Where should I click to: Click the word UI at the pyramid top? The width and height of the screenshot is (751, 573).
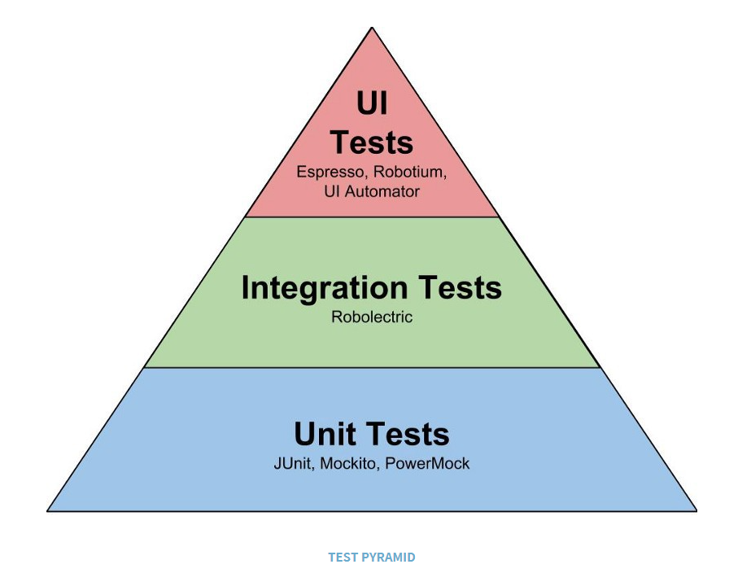pos(372,103)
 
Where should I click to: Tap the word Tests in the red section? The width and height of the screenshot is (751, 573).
pos(372,142)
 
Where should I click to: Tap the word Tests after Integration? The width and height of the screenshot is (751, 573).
pos(461,287)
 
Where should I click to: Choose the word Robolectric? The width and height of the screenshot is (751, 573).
pos(372,317)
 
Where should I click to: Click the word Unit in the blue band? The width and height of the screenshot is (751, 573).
pos(325,434)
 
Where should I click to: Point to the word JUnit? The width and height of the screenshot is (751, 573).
pos(294,464)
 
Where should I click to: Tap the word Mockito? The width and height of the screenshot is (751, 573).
pos(349,464)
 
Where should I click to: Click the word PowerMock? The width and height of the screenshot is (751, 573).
pos(427,464)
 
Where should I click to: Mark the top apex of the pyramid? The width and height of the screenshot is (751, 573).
pos(373,28)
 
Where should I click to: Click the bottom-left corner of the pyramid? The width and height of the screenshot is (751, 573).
pos(47,511)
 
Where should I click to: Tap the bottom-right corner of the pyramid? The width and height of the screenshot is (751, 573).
pos(696,511)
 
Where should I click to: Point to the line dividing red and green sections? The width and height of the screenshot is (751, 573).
pos(372,217)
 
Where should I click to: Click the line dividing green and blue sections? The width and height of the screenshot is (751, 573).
pos(372,368)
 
